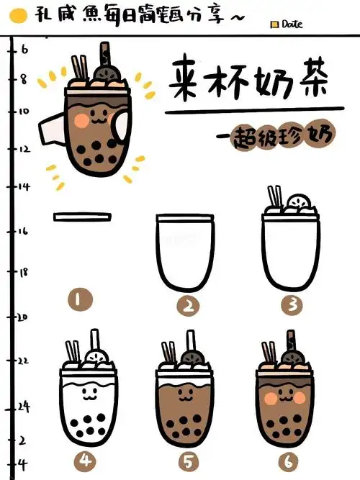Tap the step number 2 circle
pos(187,306)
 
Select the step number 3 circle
pos(292,304)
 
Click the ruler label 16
pos(22,231)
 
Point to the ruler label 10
pos(22,112)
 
